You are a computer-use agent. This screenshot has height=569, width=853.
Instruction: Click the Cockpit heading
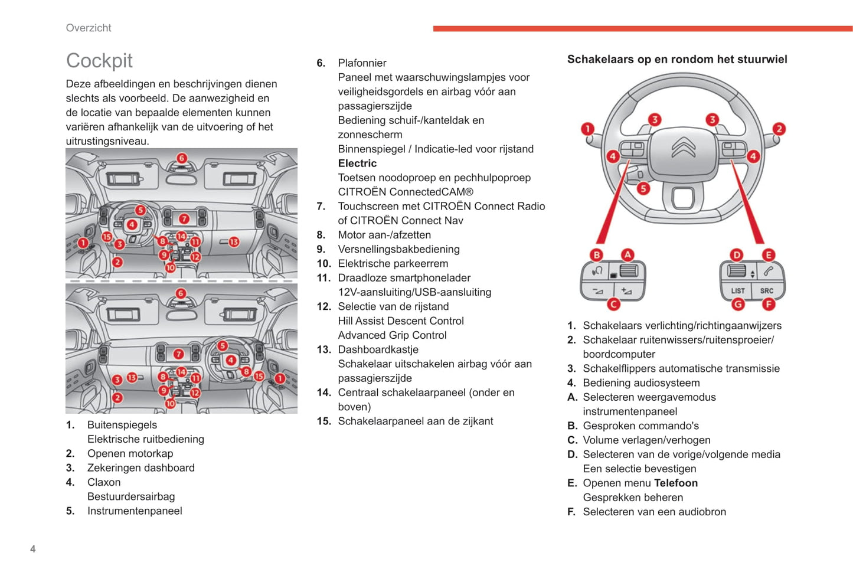99,60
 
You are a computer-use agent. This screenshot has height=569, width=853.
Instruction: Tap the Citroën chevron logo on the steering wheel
683,147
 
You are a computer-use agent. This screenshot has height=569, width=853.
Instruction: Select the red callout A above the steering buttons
628,254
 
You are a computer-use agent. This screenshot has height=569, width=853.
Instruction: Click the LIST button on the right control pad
737,290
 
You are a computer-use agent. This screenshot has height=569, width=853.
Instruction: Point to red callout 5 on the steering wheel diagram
643,188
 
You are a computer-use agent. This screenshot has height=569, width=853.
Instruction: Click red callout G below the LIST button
737,305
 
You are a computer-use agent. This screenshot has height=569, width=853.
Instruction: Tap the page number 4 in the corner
33,549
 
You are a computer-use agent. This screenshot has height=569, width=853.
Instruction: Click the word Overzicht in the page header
89,28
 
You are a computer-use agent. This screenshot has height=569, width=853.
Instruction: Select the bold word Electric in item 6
357,163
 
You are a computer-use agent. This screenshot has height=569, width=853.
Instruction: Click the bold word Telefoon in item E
676,483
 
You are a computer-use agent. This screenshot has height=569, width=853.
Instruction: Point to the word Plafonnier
362,63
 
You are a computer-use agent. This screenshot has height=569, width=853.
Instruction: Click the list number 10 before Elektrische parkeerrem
323,264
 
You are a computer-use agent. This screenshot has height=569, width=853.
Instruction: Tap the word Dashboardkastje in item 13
378,349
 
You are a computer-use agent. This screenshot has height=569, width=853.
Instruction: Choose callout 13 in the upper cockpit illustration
234,241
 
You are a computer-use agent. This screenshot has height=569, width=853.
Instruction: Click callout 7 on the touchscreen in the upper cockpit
184,219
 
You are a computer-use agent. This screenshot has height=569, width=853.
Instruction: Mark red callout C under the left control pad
613,305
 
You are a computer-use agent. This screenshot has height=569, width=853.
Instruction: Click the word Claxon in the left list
104,482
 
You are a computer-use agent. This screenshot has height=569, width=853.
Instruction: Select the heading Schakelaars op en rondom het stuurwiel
677,59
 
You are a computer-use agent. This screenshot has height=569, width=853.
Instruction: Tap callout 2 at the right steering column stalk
779,129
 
